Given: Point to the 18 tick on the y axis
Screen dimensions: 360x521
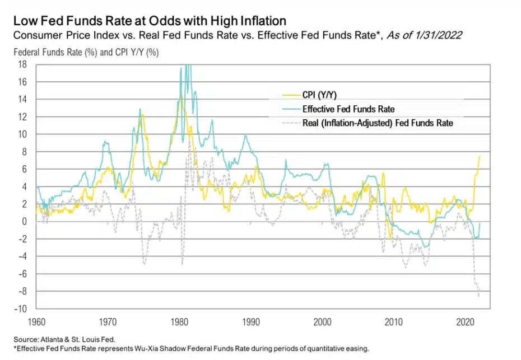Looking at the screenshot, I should [x=24, y=64].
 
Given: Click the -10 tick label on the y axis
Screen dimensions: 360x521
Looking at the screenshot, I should [x=21, y=308].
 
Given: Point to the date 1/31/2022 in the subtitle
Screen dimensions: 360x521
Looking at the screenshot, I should [x=440, y=35].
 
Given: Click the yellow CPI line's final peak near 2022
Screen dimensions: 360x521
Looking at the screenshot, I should [x=480, y=156].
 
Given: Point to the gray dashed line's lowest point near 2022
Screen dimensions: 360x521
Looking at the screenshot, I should [x=478, y=296].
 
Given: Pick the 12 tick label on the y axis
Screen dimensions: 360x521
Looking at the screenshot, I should [x=24, y=116].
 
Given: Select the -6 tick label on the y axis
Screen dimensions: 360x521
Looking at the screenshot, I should [x=24, y=274].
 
